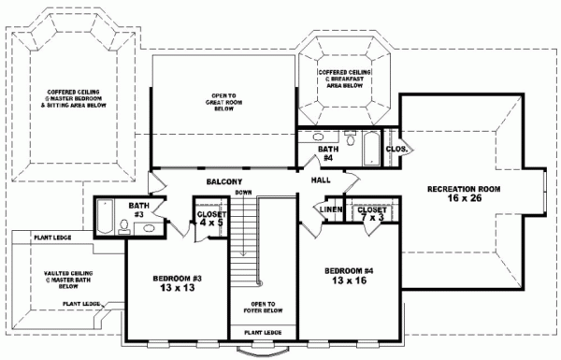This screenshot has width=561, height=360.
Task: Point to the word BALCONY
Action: [x=224, y=181]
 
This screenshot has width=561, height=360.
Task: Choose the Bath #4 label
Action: [x=327, y=153]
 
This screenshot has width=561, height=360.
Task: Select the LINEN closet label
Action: [x=328, y=209]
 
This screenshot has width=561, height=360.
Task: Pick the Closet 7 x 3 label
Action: [x=373, y=214]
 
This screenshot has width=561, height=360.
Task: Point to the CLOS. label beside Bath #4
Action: [x=396, y=148]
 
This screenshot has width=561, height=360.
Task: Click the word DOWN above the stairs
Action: [x=244, y=193]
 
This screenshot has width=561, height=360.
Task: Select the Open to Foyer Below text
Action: [x=263, y=308]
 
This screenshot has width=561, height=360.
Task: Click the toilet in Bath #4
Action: [x=350, y=142]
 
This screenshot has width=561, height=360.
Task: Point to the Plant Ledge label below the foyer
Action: [x=263, y=332]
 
